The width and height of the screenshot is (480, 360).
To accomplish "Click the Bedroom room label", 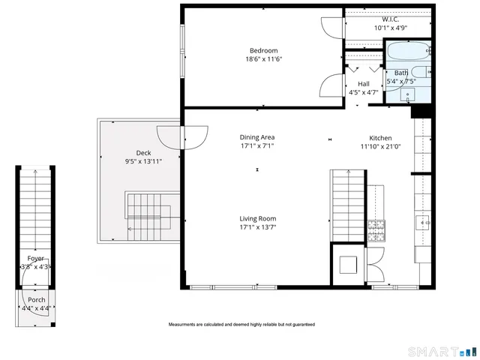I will click(263, 50).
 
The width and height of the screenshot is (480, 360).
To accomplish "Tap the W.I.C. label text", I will click(389, 19).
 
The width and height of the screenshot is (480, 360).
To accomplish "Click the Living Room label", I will click(257, 219).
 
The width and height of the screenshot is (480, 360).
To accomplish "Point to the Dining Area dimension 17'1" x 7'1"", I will click(257, 147).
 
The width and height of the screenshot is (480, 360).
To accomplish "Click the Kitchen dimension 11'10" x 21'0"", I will click(380, 147).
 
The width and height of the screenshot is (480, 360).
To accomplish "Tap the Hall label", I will click(364, 84).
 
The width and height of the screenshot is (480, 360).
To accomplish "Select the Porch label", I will click(36, 299).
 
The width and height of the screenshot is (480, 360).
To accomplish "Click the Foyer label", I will click(35, 257).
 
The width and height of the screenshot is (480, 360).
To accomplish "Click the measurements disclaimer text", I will click(241, 325).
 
